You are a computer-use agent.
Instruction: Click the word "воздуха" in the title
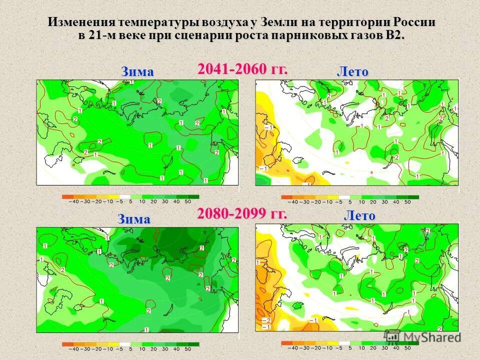point(224,22)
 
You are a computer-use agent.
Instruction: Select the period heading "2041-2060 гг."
point(242,69)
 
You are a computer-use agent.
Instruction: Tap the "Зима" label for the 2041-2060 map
point(137,71)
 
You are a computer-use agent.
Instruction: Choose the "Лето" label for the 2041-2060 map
point(352,71)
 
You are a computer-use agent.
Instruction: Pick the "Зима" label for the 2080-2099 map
point(133,219)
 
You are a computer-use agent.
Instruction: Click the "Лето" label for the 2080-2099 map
point(359,216)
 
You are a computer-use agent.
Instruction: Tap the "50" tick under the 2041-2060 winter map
point(187,202)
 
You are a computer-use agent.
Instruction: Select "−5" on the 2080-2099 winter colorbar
point(120,349)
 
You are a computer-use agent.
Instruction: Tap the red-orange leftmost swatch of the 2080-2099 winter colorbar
point(68,344)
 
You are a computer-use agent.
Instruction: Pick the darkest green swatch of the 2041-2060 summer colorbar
point(412,197)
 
